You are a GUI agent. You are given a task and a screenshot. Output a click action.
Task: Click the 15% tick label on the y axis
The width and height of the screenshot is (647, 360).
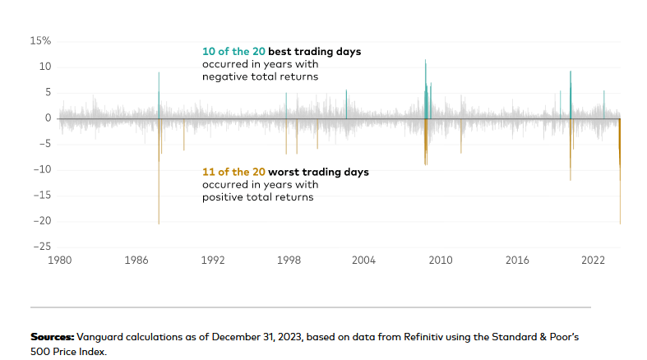pyautogui.click(x=40, y=40)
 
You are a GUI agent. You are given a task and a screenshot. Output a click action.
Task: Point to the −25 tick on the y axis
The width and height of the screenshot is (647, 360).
pyautogui.click(x=41, y=246)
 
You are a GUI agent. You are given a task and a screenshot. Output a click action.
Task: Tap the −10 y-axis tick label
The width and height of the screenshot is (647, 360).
pyautogui.click(x=41, y=169)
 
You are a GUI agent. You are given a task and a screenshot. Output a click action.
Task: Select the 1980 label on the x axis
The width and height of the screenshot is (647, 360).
pyautogui.click(x=60, y=261)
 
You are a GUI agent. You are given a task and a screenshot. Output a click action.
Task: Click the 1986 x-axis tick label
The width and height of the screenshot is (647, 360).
pyautogui.click(x=136, y=261)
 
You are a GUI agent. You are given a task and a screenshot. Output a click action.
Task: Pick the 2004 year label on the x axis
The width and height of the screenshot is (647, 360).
pyautogui.click(x=364, y=261)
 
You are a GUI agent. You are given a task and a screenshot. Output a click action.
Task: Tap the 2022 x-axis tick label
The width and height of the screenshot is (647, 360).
pyautogui.click(x=593, y=261)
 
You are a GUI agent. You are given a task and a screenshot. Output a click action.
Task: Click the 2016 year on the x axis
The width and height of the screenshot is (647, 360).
pyautogui.click(x=517, y=261)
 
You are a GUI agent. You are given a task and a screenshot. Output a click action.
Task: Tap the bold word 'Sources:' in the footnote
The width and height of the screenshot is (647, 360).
pyautogui.click(x=53, y=338)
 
